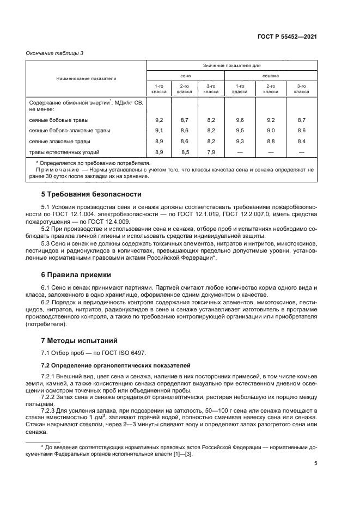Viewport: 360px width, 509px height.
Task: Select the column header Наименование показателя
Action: coord(86,78)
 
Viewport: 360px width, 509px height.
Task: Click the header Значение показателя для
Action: coord(232,65)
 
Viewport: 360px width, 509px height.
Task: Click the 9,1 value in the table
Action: coord(159,130)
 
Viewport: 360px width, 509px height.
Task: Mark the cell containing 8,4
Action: coord(301,141)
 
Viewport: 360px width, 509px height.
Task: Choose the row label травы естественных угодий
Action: coord(64,152)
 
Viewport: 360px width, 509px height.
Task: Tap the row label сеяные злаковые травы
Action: coord(59,141)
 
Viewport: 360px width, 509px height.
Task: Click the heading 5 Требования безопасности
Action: coord(84,194)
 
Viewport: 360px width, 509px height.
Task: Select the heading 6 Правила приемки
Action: coord(76,275)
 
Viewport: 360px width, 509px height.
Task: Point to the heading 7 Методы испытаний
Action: coord(80,341)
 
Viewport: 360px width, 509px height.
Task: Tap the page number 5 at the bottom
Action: coord(316,463)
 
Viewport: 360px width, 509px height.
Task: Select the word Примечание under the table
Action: coord(54,170)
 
